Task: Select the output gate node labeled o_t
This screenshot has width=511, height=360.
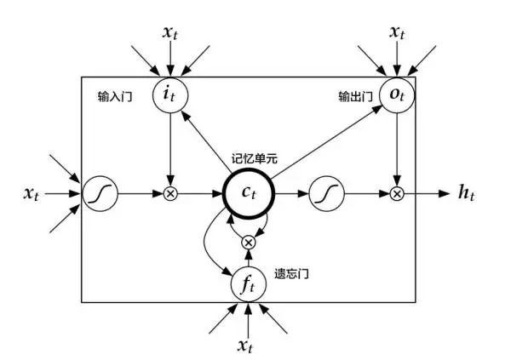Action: pos(395,96)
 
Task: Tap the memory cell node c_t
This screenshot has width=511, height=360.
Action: pos(247,194)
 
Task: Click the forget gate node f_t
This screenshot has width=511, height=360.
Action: pos(248,283)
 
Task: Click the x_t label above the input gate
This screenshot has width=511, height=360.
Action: pos(171,32)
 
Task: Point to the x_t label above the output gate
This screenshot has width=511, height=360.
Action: pos(396,32)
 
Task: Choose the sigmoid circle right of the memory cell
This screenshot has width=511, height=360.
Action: pos(324,194)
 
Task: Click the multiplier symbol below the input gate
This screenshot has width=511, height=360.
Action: pos(170,194)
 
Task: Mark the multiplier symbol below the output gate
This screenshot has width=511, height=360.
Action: pos(396,194)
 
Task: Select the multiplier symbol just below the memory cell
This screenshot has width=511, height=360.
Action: pos(248,243)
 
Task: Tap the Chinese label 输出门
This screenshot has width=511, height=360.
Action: pos(353,97)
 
